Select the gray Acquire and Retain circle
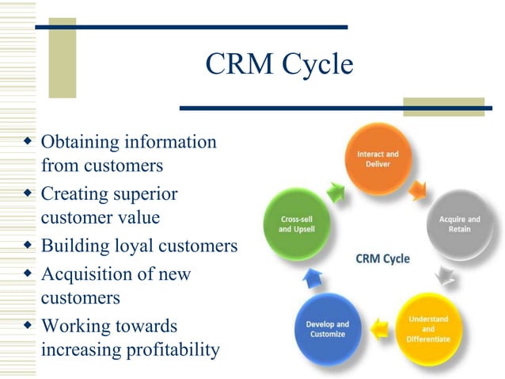[x=459, y=224]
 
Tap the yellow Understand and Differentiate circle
[x=427, y=327]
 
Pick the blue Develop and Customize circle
[x=327, y=328]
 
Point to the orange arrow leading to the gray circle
[x=418, y=189]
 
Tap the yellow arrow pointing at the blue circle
[x=378, y=323]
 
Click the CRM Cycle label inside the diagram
[x=382, y=259]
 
